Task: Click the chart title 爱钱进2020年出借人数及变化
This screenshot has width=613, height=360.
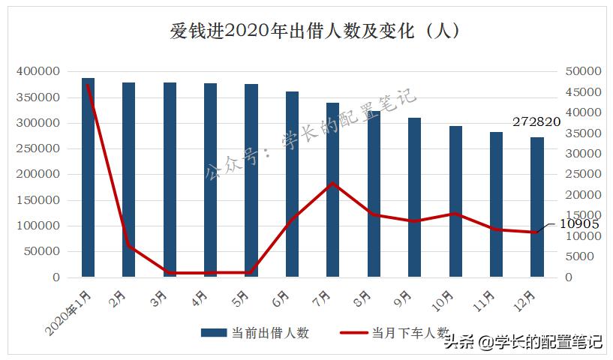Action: click(x=314, y=32)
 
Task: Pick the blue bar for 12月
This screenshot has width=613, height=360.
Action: click(x=537, y=207)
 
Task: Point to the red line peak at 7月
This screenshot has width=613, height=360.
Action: click(x=333, y=183)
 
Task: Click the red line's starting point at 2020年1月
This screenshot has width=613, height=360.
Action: click(x=88, y=84)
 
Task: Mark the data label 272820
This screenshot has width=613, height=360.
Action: click(x=536, y=121)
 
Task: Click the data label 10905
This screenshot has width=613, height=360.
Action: click(x=579, y=223)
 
